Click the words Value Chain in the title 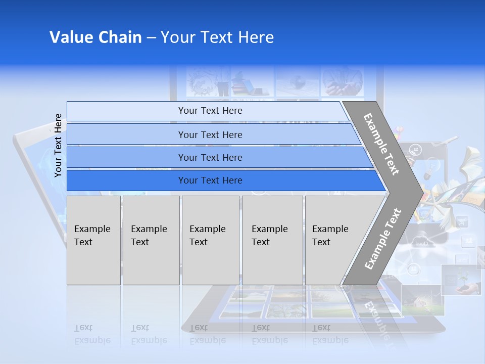(95, 37)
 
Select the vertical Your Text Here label (58, 145)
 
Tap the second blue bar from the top (210, 134)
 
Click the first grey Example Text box (93, 240)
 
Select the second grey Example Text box (151, 240)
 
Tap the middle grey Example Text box (210, 240)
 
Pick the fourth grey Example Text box (272, 240)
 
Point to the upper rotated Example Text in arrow (381, 144)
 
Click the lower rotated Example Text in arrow (382, 239)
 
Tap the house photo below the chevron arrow (422, 301)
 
